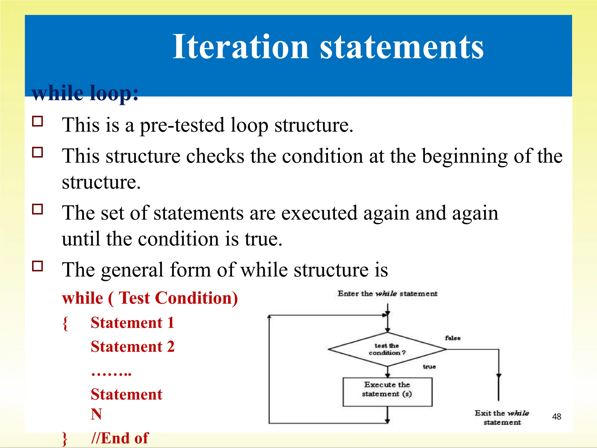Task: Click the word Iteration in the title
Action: [x=240, y=47]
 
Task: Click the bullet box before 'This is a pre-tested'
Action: [x=38, y=121]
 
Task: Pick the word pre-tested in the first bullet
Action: [x=182, y=125]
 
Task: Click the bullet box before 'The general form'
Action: [x=38, y=266]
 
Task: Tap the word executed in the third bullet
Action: [x=319, y=213]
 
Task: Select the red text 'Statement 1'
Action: [x=133, y=323]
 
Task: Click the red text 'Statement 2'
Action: [x=133, y=347]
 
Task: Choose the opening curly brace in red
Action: [x=65, y=323]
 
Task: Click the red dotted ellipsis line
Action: [x=111, y=373]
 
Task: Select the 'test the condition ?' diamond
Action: [x=387, y=349]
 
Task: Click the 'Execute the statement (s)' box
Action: [x=387, y=392]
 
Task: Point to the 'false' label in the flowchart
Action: [x=452, y=338]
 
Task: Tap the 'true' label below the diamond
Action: [x=429, y=367]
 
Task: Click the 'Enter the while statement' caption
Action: [x=387, y=294]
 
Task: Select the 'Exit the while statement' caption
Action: [x=502, y=417]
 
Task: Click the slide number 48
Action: [x=556, y=416]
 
